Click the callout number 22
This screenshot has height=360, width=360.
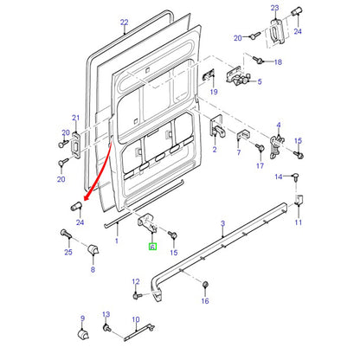click(x=124, y=22)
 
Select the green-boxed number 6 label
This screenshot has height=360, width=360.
click(x=152, y=247)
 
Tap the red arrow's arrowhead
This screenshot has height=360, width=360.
click(x=86, y=197)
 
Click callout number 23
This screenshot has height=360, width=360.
click(x=275, y=8)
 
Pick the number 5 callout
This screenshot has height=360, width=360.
click(x=260, y=81)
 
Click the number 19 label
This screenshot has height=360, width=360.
click(x=214, y=92)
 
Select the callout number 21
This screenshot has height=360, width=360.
click(x=75, y=118)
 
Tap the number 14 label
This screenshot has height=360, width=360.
click(x=279, y=177)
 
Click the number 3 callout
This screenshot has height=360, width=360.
click(x=222, y=223)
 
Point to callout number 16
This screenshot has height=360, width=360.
click(x=205, y=301)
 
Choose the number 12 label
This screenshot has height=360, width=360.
click(x=136, y=281)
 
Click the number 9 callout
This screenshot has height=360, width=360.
click(x=83, y=318)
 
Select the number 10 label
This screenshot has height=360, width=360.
click(x=136, y=319)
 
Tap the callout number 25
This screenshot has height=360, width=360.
click(x=68, y=252)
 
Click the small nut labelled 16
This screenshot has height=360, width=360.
click(x=205, y=285)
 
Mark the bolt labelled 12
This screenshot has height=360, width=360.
click(x=138, y=296)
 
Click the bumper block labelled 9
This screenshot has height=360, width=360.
click(x=83, y=335)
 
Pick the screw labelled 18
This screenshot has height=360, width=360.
click(x=257, y=60)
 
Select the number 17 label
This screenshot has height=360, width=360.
click(x=260, y=165)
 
